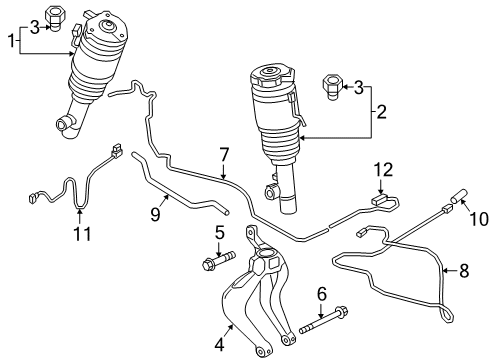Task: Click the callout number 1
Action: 12,42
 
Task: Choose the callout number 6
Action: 321,295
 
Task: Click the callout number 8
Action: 463,270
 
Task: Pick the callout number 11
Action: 82,234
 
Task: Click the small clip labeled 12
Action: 379,201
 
